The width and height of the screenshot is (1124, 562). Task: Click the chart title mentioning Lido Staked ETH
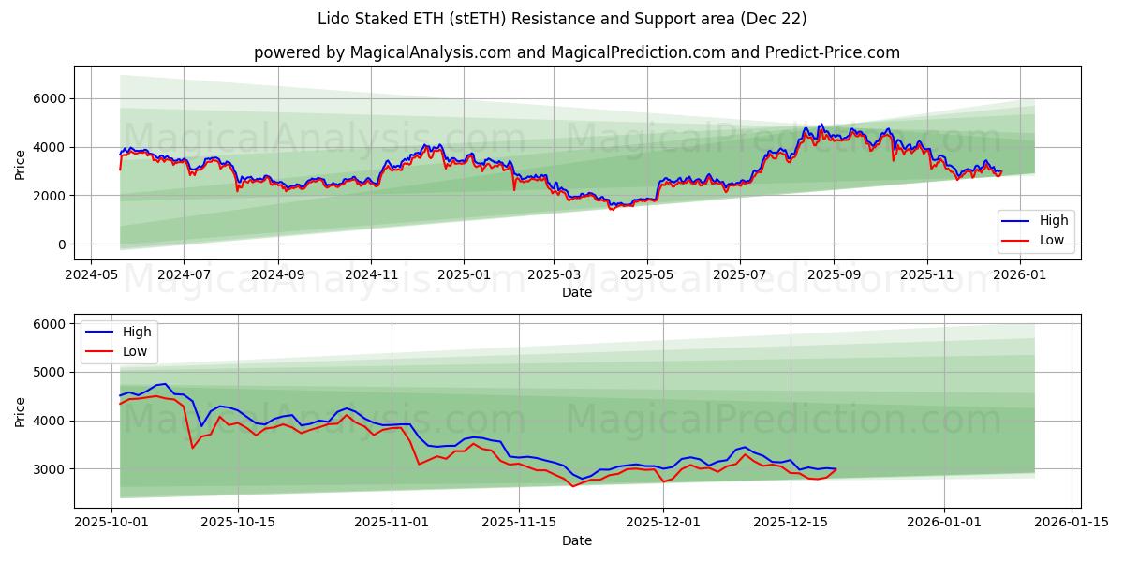tap(562, 19)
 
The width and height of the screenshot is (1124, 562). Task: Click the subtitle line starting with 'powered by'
tap(576, 52)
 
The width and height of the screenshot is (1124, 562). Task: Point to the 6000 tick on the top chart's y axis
tap(49, 98)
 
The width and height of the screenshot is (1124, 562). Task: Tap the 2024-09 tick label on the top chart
tap(277, 275)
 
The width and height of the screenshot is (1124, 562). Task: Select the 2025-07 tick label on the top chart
tap(740, 275)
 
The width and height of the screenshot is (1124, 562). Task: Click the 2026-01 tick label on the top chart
tap(1018, 275)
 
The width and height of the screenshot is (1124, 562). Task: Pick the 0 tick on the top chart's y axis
tap(60, 244)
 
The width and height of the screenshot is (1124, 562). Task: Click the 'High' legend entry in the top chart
tap(1045, 221)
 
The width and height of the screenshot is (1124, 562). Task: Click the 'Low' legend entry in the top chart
tap(1044, 241)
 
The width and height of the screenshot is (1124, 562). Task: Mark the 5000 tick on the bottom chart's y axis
tap(49, 372)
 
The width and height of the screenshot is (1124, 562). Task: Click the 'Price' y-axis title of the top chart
tap(21, 163)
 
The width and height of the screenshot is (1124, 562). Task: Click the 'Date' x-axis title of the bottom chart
tap(576, 540)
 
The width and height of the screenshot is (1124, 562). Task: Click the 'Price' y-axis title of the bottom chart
tap(21, 410)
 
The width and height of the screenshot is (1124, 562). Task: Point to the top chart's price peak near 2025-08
tap(821, 125)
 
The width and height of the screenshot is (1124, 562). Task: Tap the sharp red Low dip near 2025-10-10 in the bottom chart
tap(192, 448)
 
